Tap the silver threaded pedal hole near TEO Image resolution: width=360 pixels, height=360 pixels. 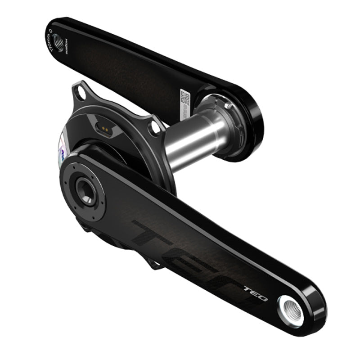click(290, 310)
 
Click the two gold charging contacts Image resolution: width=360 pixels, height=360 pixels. click(104, 129)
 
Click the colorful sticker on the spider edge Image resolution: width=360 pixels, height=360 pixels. click(62, 149)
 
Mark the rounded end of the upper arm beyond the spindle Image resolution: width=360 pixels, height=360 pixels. click(252, 135)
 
